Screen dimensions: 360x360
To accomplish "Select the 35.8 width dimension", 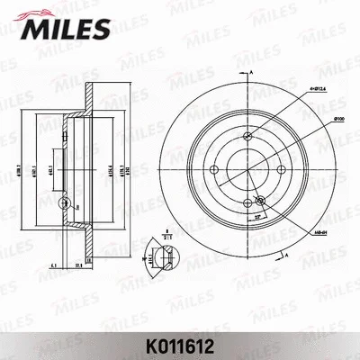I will pos(78,265).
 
